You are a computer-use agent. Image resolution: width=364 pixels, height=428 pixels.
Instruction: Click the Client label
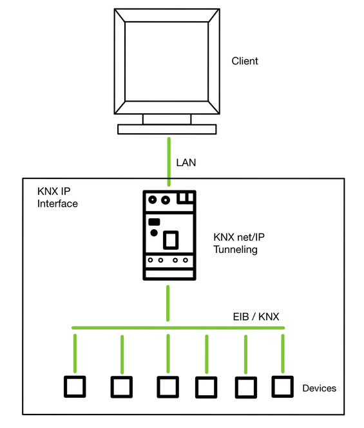click(245, 61)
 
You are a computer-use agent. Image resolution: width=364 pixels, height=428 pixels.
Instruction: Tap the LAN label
click(186, 163)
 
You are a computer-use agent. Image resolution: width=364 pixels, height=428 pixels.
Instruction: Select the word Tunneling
click(235, 250)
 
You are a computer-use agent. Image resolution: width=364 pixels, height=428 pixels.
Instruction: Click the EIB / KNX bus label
click(256, 317)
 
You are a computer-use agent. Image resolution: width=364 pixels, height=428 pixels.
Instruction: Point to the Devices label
click(319, 388)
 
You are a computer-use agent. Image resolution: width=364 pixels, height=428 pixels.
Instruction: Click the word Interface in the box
click(57, 203)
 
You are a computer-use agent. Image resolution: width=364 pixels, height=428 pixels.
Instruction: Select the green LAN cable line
click(169, 162)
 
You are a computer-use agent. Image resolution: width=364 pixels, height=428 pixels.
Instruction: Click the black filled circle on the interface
click(154, 233)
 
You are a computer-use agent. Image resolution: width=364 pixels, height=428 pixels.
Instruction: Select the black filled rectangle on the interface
click(154, 222)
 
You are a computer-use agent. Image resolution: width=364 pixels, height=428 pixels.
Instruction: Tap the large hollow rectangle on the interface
click(171, 240)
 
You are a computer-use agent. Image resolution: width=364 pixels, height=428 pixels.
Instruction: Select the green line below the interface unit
click(168, 303)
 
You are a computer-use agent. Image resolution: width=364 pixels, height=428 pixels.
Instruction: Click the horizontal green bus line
click(178, 328)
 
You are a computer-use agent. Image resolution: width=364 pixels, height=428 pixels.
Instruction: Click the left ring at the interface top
click(153, 200)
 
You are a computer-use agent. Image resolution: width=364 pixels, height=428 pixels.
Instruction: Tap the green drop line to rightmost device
click(283, 353)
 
